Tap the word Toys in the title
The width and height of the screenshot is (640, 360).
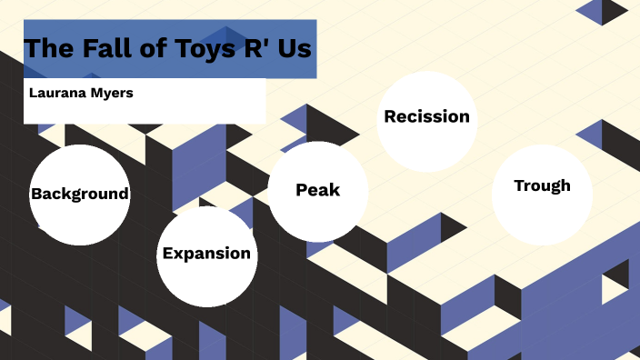(x=202, y=48)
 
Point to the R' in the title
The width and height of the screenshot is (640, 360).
(x=255, y=48)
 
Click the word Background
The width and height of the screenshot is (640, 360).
(x=79, y=194)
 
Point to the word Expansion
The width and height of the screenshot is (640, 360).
(x=206, y=254)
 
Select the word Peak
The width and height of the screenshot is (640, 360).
(x=318, y=190)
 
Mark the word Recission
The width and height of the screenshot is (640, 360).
(x=426, y=116)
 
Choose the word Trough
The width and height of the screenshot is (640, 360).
(x=542, y=185)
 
